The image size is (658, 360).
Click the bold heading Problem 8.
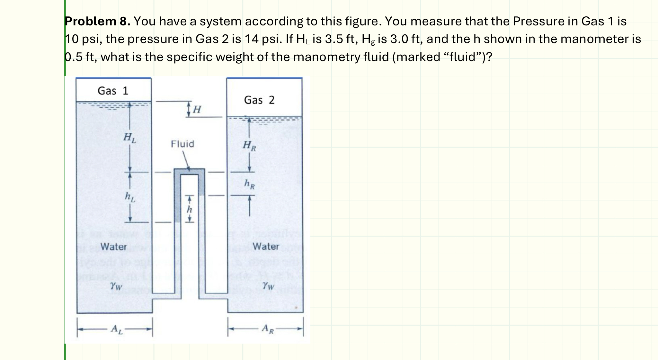click(x=97, y=22)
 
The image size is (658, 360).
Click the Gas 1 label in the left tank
click(x=113, y=91)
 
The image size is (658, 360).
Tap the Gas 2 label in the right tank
click(x=259, y=100)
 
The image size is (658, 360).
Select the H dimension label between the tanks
click(x=197, y=110)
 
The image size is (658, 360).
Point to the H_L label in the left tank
click(x=130, y=138)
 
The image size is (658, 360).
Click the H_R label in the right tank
click(x=249, y=145)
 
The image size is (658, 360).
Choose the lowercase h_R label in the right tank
click(x=249, y=184)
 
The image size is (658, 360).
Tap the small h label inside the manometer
click(x=190, y=210)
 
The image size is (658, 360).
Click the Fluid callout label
click(x=182, y=144)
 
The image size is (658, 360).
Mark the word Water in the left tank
click(x=114, y=247)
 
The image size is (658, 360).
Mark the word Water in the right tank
click(x=266, y=247)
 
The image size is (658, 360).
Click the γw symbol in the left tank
click(x=116, y=285)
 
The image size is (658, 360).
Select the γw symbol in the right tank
click(x=268, y=285)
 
